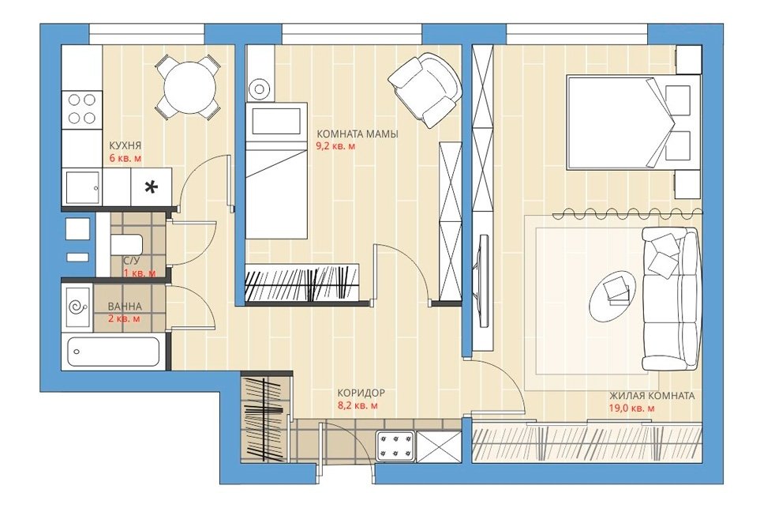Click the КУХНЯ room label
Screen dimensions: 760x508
point(125,145)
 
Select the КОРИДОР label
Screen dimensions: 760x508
point(361,393)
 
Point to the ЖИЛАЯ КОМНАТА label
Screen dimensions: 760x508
point(651,396)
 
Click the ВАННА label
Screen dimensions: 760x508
point(125,307)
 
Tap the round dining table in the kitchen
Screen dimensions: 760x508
point(189,88)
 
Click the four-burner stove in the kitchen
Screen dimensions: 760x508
point(82,109)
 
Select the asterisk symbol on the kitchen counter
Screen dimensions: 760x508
point(152,186)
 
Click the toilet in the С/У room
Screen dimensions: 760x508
point(126,245)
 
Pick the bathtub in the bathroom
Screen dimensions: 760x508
point(114,352)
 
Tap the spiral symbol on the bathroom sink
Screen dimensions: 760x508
point(78,307)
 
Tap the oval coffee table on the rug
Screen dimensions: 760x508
point(612,295)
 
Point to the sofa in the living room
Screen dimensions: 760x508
point(672,299)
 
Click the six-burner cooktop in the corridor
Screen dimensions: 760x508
point(395,446)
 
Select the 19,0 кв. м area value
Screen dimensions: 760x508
point(631,408)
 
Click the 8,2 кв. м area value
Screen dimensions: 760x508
point(358,405)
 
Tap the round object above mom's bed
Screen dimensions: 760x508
point(260,88)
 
